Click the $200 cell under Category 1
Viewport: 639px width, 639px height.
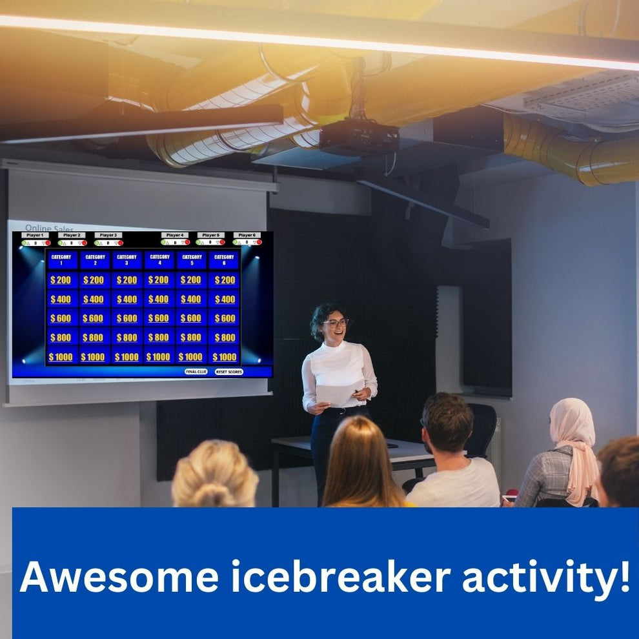coord(61,280)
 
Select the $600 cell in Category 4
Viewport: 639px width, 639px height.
coord(159,318)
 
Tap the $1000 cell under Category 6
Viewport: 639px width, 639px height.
coord(225,357)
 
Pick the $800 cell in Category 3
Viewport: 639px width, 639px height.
coord(127,338)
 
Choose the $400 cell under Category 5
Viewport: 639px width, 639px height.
coord(191,299)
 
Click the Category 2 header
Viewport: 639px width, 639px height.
coord(94,259)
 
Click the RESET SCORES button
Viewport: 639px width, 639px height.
coord(228,372)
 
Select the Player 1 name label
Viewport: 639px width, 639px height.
coord(35,236)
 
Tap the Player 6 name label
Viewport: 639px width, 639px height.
coord(247,236)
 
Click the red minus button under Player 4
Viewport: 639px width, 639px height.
coord(187,243)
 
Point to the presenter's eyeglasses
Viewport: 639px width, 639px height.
coord(336,322)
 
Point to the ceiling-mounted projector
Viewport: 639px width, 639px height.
coord(359,137)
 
